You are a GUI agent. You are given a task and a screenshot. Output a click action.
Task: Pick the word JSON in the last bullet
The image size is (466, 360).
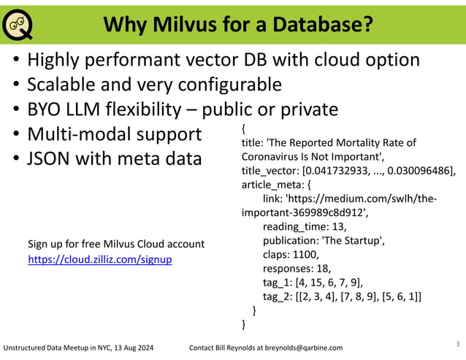[x=50, y=158]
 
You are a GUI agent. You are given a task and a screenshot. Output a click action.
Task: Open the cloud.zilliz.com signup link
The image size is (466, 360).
[x=99, y=259]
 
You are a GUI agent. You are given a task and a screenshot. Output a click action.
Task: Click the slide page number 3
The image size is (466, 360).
[x=457, y=342]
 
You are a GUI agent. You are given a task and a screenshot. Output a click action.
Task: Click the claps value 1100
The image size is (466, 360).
[x=305, y=255]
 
